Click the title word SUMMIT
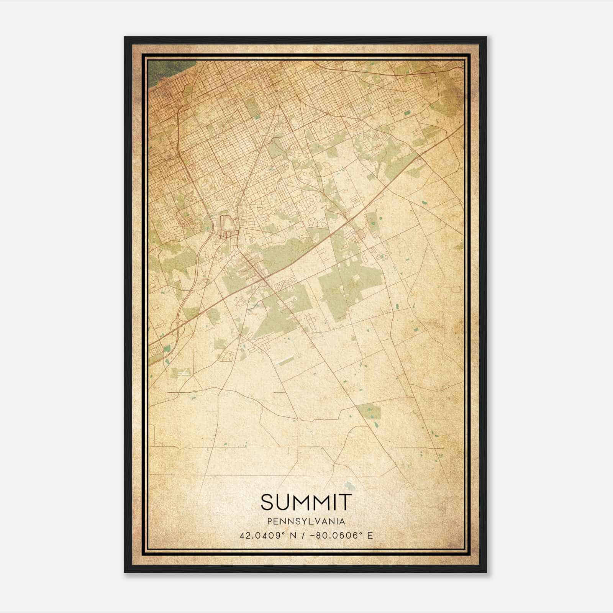(306, 502)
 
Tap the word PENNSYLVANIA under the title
(306, 521)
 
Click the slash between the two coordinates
(303, 535)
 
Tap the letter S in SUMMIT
(267, 502)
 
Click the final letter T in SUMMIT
(346, 502)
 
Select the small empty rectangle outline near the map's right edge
(456, 289)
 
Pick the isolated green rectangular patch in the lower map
(369, 411)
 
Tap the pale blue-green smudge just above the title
(349, 485)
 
